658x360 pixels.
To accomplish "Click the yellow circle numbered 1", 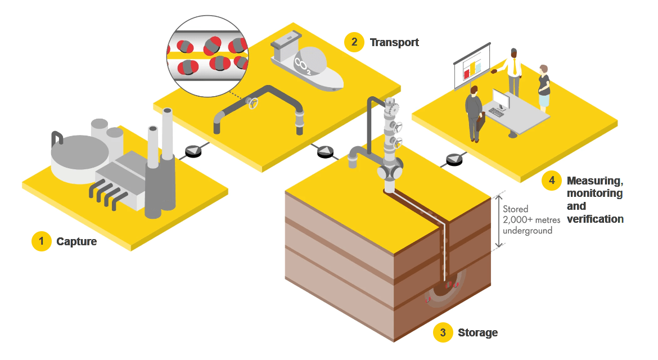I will (41, 241).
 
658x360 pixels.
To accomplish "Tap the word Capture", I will (76, 242).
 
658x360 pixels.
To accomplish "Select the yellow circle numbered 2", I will (354, 42).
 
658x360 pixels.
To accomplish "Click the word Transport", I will (394, 42).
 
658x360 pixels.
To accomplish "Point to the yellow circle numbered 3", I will (443, 332).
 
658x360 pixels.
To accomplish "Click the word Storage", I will (477, 332).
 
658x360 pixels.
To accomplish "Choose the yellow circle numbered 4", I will (552, 181).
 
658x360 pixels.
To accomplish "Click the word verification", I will (595, 218).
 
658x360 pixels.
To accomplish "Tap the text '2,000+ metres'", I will (531, 219).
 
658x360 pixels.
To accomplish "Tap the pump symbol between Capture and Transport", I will (192, 151).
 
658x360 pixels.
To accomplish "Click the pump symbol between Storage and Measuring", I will (453, 160).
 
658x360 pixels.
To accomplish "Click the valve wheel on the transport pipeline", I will (254, 103).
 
